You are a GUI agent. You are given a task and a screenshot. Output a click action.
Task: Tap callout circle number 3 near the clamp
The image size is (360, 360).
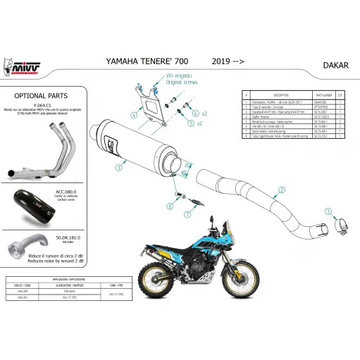click(x=327, y=211)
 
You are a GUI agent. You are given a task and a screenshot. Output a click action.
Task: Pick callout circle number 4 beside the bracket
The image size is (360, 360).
click(x=133, y=113)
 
